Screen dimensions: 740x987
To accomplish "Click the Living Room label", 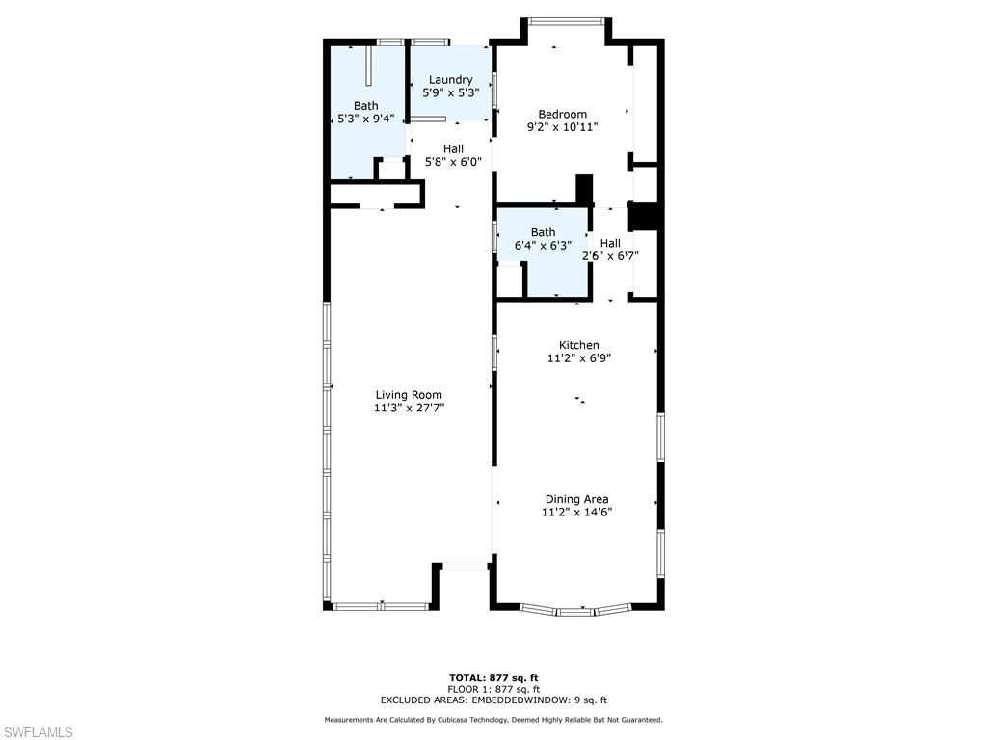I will tap(409, 395).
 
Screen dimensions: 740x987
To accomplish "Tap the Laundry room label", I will tap(450, 80).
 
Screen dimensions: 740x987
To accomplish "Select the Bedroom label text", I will tap(562, 114).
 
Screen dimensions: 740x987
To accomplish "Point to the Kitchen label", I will tap(579, 345).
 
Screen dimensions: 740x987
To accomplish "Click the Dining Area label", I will tap(576, 499).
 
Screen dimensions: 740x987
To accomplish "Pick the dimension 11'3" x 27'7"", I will tap(409, 409).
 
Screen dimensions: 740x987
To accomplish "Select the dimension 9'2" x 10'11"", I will tap(562, 127).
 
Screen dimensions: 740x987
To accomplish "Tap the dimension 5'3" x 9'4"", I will tap(365, 119).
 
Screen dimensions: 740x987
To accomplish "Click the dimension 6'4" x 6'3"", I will tap(543, 246).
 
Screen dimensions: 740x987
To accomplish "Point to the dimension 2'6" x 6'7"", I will tap(610, 256).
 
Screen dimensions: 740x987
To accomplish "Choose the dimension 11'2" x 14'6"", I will tap(576, 513).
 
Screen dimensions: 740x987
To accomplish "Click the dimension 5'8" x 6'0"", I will tap(453, 162).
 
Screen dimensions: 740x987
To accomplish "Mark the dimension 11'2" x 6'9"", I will tap(579, 358).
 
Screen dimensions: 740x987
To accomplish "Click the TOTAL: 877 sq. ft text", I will tap(493, 678).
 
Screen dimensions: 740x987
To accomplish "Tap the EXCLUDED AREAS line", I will tap(493, 700).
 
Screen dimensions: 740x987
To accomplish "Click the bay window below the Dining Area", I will tap(574, 610).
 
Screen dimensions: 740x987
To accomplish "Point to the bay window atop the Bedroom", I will tap(566, 20).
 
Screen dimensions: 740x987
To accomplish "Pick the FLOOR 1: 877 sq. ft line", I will tap(493, 689).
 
